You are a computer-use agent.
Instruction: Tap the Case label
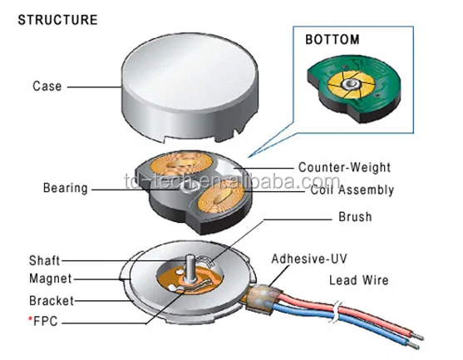click(46, 86)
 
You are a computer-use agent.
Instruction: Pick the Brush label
click(355, 218)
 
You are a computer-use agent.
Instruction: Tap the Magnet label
click(50, 279)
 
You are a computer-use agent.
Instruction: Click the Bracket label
click(50, 300)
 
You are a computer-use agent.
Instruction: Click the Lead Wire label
click(359, 280)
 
